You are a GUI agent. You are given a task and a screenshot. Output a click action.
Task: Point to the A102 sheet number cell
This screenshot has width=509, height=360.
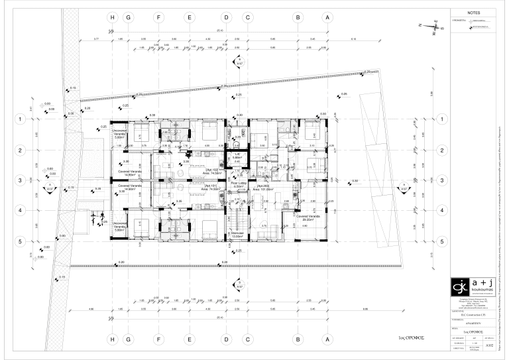(x=489, y=345)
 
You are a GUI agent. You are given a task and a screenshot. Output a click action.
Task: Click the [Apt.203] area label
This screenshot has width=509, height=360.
(x=264, y=188)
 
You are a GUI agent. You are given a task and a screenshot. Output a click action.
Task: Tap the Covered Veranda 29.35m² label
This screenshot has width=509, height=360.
(x=308, y=217)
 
